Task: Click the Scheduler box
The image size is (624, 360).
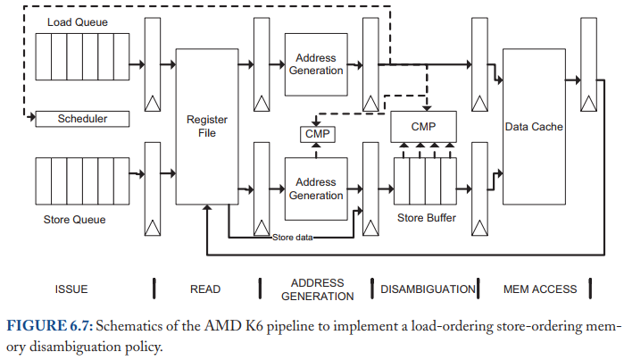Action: (x=82, y=119)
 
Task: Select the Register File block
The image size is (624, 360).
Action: (x=207, y=127)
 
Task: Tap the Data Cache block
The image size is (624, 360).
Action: (x=534, y=127)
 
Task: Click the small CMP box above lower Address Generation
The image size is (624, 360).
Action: (x=317, y=134)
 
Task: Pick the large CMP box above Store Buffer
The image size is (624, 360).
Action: (x=423, y=127)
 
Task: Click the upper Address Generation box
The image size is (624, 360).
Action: (x=316, y=64)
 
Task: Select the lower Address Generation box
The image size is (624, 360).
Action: (x=316, y=188)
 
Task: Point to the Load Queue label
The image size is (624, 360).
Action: (x=78, y=22)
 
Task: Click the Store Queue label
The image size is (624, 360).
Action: (x=74, y=220)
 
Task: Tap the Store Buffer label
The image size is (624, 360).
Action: (x=427, y=218)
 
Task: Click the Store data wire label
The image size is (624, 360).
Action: (x=293, y=238)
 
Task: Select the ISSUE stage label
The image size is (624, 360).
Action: (x=71, y=289)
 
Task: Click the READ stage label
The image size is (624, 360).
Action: (x=205, y=289)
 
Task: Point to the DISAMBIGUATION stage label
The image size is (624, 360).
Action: (x=428, y=289)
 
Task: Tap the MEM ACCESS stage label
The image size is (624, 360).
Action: (x=540, y=289)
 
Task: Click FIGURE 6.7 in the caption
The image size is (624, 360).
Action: (x=50, y=326)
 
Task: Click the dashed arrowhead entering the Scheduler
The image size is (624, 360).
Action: (x=33, y=117)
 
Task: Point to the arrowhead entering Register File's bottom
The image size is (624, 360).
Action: (x=207, y=208)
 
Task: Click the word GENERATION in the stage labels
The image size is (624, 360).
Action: (x=318, y=297)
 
